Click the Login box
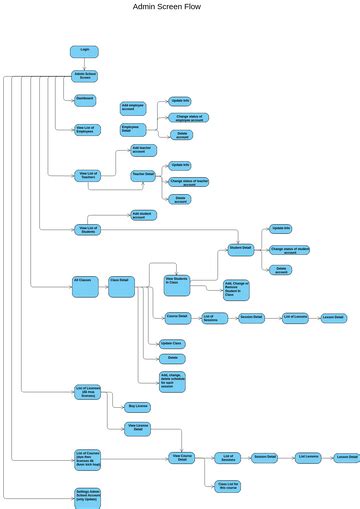pyautogui.click(x=85, y=51)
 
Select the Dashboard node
pyautogui.click(x=85, y=99)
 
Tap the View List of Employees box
pyautogui.click(x=86, y=129)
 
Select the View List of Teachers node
pyautogui.click(x=89, y=175)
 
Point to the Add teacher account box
pyautogui.click(x=145, y=150)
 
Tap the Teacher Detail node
pyautogui.click(x=144, y=175)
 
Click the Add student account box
pyautogui.click(x=144, y=215)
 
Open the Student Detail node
pyautogui.click(x=241, y=248)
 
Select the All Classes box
pyautogui.click(x=84, y=280)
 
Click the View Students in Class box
pyautogui.click(x=178, y=283)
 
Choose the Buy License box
pyautogui.click(x=139, y=406)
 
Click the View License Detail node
pyautogui.click(x=139, y=427)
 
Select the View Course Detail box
pyautogui.click(x=181, y=456)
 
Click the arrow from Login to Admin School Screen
pyautogui.click(x=85, y=64)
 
